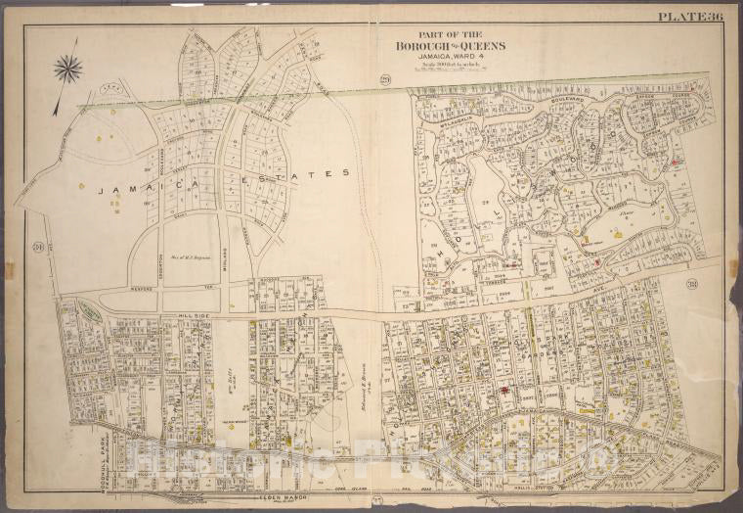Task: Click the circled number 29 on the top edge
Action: (x=359, y=78)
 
